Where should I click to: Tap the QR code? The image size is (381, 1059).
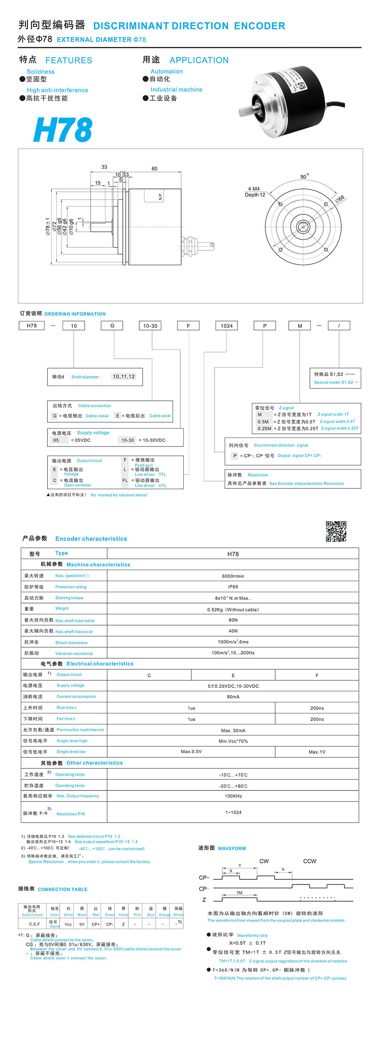pos(336,531)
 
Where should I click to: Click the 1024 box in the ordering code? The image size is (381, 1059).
pos(226,326)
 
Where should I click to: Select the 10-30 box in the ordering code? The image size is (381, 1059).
pos(150,326)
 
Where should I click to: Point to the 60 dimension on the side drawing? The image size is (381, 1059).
pos(155,169)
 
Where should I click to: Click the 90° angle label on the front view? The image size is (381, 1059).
pos(304,176)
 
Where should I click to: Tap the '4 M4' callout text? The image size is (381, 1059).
pos(254,189)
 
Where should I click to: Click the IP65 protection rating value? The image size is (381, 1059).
pos(233,587)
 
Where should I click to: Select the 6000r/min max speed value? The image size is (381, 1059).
pos(233,576)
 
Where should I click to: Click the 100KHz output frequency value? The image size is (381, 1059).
pos(233,796)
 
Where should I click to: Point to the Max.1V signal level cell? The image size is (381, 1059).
pos(317,752)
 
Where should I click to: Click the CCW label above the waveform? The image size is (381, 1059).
pos(309,861)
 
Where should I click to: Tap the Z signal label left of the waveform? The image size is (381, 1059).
pos(204,900)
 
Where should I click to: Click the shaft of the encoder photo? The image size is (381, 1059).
pos(246,112)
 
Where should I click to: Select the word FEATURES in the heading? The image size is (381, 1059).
pos(69,60)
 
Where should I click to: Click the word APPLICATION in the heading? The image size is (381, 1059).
pos(199,60)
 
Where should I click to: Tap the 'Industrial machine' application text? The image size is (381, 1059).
pos(176,89)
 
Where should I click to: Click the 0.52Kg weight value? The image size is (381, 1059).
pos(233,610)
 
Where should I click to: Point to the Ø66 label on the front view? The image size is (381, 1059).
pos(340,198)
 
